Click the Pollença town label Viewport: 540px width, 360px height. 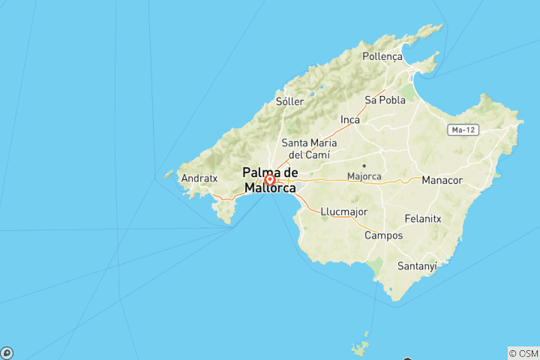coord(382,56)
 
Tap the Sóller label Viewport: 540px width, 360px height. coord(289,101)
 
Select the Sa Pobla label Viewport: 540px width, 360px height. coord(385,100)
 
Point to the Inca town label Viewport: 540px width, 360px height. coord(350,119)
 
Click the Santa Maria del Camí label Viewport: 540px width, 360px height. coord(309,148)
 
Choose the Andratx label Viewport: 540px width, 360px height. coord(199,179)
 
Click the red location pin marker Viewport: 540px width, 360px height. coord(269,180)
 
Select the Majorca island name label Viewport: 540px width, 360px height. coord(364,177)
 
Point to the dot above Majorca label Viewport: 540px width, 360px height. coord(364,166)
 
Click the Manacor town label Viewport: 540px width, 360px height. coord(442,181)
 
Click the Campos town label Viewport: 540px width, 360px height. coord(383,235)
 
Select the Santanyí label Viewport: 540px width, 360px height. coord(416,265)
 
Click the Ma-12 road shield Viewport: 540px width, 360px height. coord(461,130)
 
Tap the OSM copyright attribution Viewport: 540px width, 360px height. coord(523,352)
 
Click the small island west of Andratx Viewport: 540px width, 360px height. coord(168,175)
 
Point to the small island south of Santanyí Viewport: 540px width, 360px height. coord(361,347)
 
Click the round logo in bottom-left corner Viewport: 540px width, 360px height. coord(7,352)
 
